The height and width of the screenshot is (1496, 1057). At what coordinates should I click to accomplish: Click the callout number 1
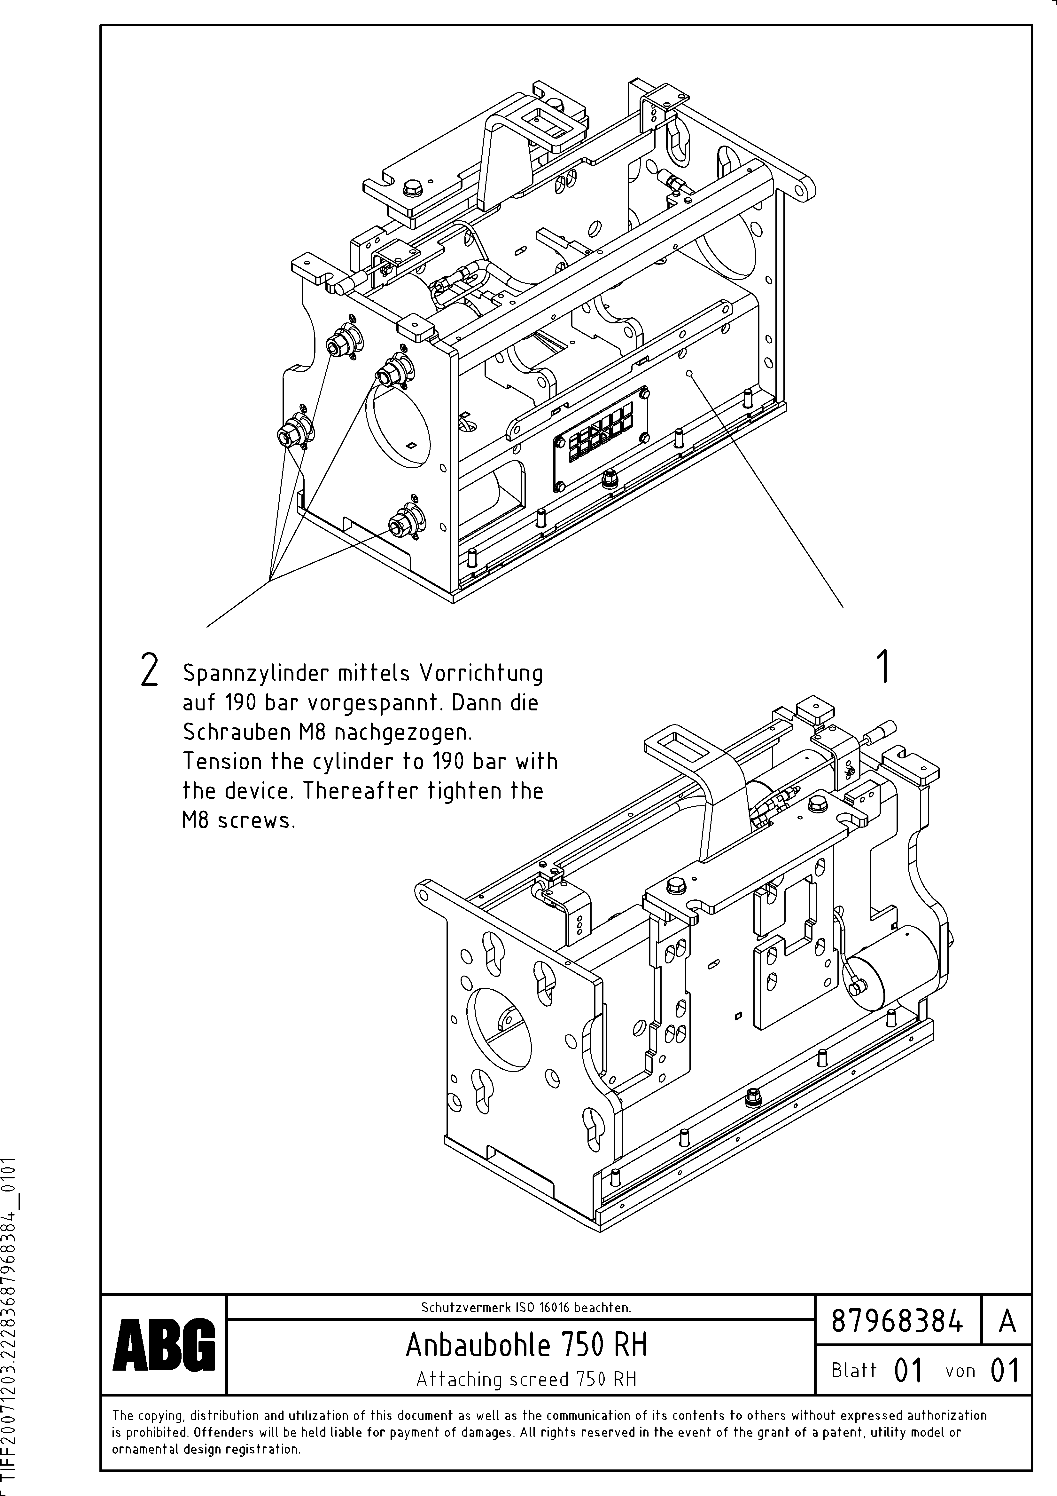[x=883, y=668]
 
